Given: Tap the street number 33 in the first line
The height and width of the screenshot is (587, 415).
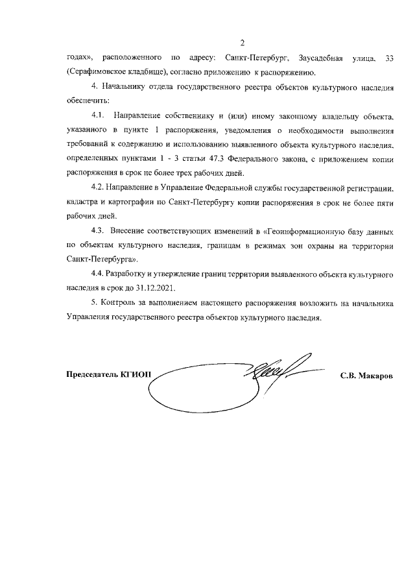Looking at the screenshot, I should pyautogui.click(x=389, y=59).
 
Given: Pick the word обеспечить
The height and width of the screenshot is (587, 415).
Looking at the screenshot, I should pyautogui.click(x=88, y=101).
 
